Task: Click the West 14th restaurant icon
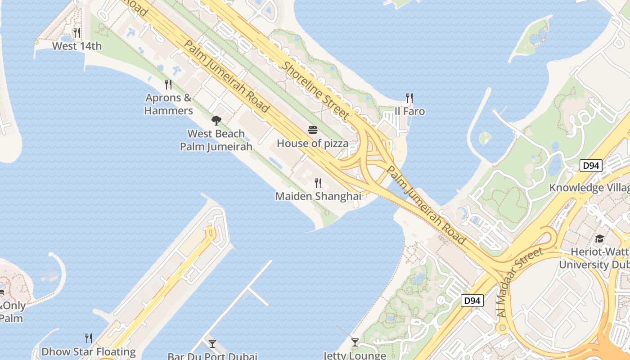point(76,33)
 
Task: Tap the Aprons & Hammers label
point(168,104)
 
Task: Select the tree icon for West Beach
point(216,120)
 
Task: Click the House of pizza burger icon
point(313,130)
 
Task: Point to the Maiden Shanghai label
point(318,196)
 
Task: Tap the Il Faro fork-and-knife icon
point(409,98)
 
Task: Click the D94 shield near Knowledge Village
point(591,166)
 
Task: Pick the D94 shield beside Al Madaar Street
point(472,300)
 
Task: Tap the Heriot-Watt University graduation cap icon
point(599,238)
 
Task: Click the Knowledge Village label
point(589,188)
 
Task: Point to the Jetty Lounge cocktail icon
point(355,342)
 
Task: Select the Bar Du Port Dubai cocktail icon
point(212,343)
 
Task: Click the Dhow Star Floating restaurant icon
point(89,338)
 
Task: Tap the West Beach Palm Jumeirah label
point(216,140)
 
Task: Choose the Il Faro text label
point(409,111)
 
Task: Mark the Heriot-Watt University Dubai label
point(594,258)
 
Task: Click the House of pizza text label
point(312,144)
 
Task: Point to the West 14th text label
point(77,46)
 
